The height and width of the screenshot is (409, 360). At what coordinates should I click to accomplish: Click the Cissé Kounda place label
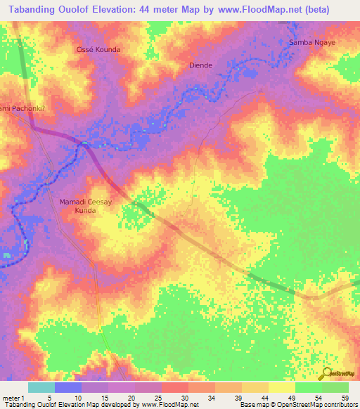(x=98, y=50)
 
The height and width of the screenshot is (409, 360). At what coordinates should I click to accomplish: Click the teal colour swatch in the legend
(x=41, y=387)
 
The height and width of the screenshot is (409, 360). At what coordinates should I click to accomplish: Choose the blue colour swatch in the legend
(x=68, y=387)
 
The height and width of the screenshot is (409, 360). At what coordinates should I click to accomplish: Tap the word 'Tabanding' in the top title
(x=30, y=7)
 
